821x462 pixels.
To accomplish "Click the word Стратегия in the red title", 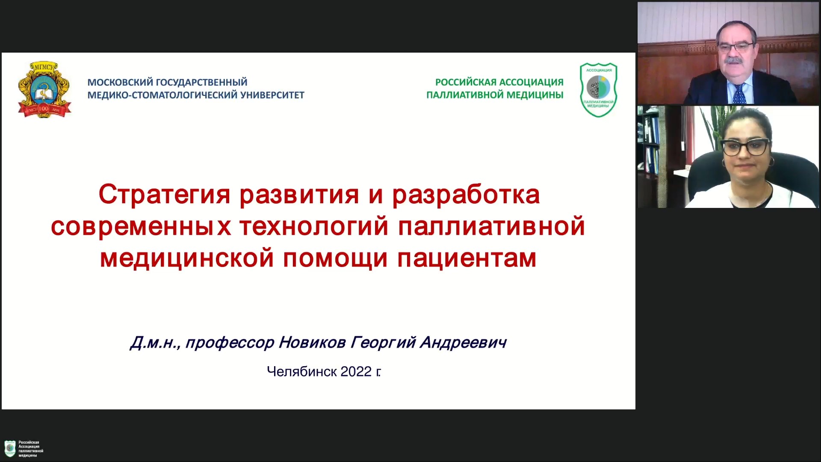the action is (165, 195).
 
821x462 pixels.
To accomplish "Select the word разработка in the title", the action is (466, 195).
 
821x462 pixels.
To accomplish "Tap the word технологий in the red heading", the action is (314, 226).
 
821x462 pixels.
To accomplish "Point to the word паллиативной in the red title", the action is (491, 226).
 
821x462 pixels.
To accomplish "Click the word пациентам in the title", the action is (467, 259).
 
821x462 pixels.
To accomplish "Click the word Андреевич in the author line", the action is (463, 342).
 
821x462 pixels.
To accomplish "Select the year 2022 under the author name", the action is (356, 371).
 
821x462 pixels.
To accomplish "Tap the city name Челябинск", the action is (302, 371).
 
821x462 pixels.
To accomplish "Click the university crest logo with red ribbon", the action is (44, 89).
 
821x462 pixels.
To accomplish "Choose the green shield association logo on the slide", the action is (599, 90).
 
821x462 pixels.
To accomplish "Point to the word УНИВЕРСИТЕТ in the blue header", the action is (272, 95).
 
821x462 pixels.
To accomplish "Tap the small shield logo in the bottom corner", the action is (10, 449).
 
